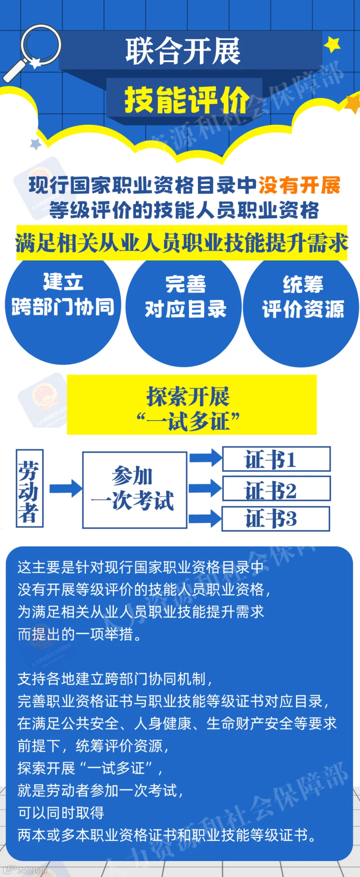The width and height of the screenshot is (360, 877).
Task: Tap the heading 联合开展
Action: point(183,51)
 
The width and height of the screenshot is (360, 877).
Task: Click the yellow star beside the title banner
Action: point(332,44)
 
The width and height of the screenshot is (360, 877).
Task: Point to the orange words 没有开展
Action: point(299,185)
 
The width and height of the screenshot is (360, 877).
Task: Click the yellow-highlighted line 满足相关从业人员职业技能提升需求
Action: point(182,243)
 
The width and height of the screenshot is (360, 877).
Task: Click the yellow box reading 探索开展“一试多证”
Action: point(192,404)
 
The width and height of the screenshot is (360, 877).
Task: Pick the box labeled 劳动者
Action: point(29,488)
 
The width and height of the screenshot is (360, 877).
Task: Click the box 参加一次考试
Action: point(134,490)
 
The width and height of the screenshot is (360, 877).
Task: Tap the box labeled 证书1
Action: point(276,459)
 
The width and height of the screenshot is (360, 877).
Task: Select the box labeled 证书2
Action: point(276,489)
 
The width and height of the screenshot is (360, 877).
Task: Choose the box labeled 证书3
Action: point(276,519)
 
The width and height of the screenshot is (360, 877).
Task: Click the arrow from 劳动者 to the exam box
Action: point(65,489)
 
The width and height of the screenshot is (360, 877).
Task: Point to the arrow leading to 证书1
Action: point(205,458)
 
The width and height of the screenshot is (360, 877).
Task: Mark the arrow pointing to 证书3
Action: point(205,519)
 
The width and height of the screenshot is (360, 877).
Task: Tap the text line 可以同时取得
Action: point(61,813)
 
